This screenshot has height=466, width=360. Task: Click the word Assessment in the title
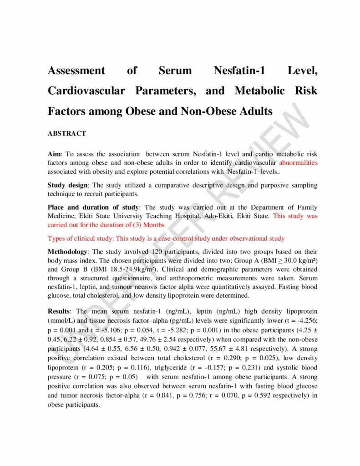tap(76, 71)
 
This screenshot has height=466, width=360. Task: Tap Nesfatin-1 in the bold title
tap(239, 71)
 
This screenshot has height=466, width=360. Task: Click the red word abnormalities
tap(298, 162)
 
